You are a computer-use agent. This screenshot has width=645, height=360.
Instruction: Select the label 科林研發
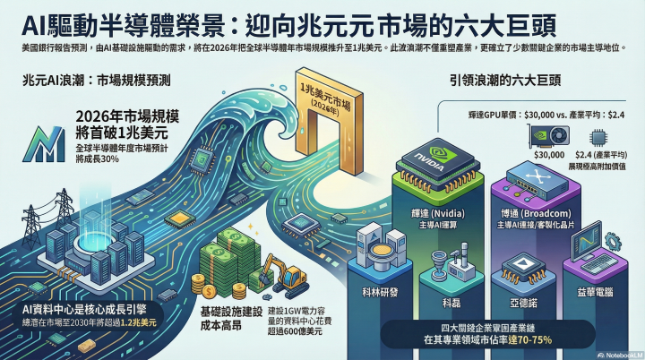click(x=381, y=291)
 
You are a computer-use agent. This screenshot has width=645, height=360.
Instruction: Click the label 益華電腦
click(x=593, y=291)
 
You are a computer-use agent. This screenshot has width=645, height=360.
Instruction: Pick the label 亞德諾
click(x=520, y=291)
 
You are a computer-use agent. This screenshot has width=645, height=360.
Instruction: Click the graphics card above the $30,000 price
click(x=549, y=136)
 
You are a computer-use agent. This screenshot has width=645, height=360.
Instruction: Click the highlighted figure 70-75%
click(x=533, y=339)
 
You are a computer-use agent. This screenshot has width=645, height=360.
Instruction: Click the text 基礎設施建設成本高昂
click(x=228, y=317)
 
